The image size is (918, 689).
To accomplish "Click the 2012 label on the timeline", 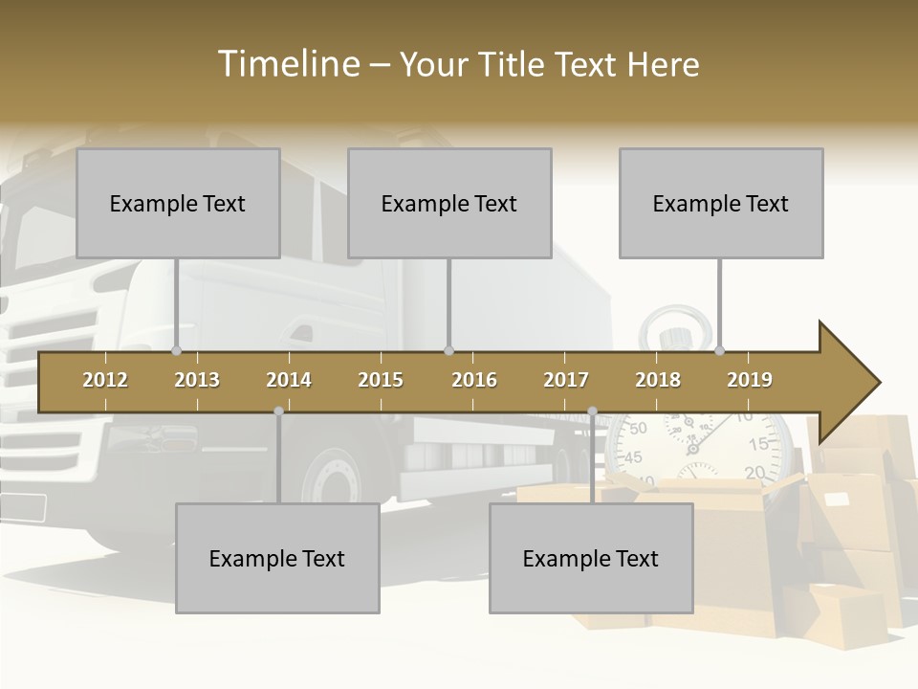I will click(105, 380).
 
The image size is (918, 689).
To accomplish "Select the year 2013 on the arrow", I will click(197, 380).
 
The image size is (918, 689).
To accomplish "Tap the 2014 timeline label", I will click(289, 380).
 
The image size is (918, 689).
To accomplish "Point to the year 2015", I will click(381, 380).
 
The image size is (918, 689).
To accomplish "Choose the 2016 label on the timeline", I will click(474, 380).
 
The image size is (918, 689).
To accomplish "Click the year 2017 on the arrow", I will click(566, 380).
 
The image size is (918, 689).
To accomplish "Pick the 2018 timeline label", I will click(658, 380).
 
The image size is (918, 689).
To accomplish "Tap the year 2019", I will click(750, 380).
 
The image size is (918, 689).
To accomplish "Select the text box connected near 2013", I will click(178, 203).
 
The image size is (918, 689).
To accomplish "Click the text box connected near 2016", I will click(449, 203).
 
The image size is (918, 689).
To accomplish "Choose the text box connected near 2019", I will click(721, 203).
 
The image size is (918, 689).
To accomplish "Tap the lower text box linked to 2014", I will click(277, 558).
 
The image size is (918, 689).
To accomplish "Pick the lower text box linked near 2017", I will click(591, 558).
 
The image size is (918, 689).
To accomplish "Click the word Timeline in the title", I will click(287, 64).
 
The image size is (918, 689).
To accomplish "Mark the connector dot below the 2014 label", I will click(278, 411).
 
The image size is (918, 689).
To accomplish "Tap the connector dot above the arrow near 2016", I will click(448, 350).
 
